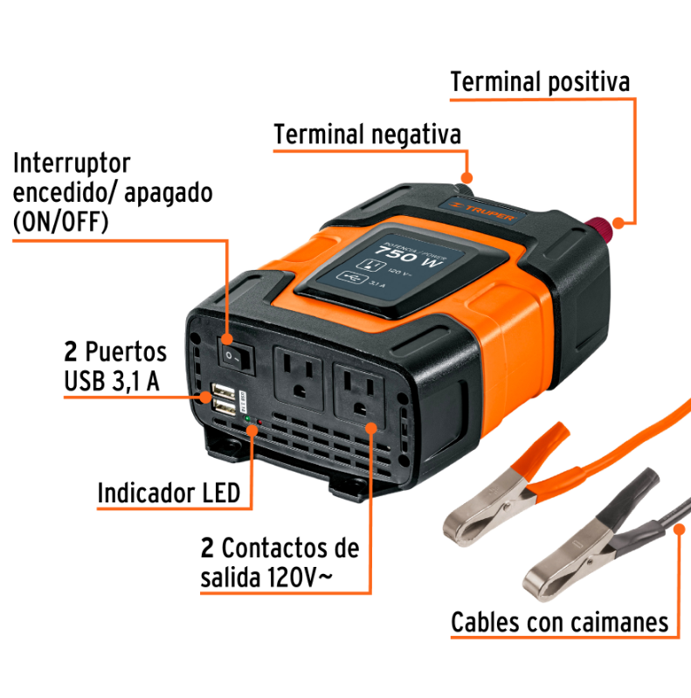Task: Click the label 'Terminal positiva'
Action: coord(540,83)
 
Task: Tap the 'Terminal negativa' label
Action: coord(367,135)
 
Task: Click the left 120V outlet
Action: coord(300,374)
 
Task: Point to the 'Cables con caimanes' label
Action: coord(559,623)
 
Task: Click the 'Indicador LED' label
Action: coord(169,493)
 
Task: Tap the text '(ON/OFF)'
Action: coord(60,222)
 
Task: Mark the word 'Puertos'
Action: coord(126,353)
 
